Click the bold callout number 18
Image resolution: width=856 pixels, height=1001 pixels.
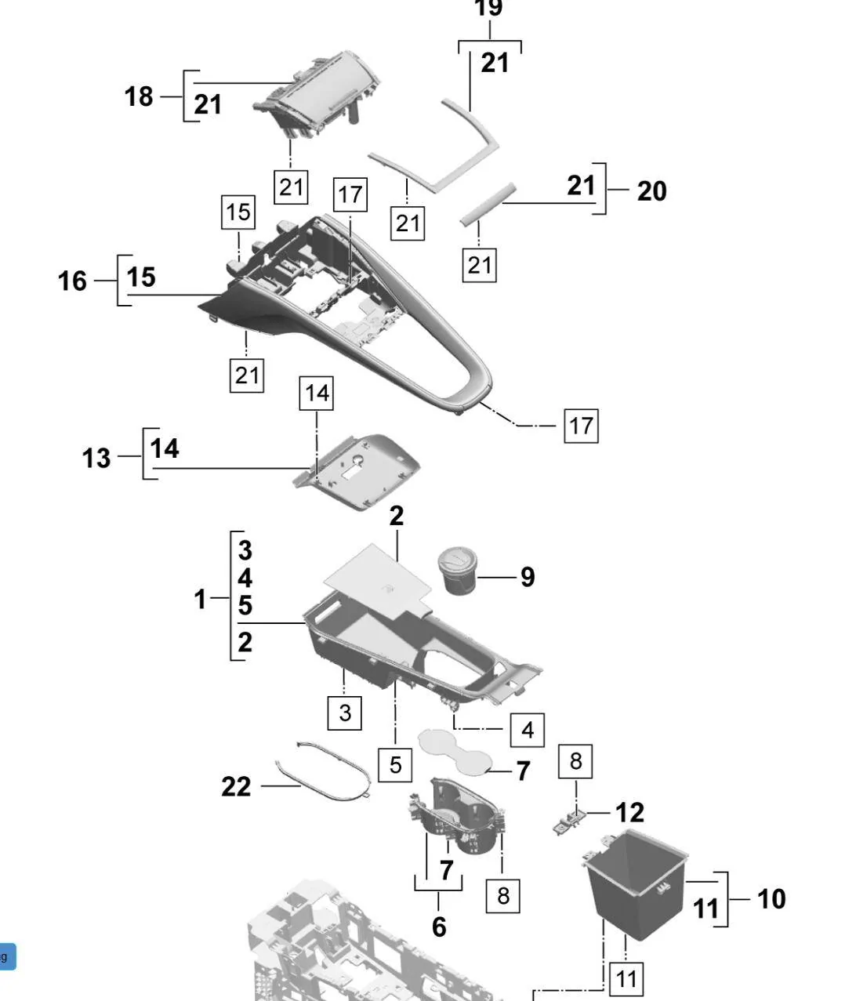click(x=139, y=96)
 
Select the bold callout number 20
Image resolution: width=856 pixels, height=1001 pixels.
click(x=651, y=190)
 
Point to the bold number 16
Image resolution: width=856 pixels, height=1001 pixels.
click(x=72, y=280)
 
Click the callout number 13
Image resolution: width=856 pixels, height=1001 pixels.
click(x=96, y=458)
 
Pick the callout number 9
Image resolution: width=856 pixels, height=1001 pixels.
click(x=528, y=577)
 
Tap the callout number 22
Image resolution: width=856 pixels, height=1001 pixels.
click(x=236, y=786)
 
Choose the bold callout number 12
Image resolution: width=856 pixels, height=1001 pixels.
click(x=629, y=813)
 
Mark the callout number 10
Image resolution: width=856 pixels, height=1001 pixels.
click(x=771, y=898)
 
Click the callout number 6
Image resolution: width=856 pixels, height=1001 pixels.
click(x=439, y=927)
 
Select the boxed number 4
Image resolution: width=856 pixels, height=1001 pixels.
click(x=528, y=730)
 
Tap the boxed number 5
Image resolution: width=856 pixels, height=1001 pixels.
click(x=395, y=764)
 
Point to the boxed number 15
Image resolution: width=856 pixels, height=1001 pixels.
click(x=238, y=212)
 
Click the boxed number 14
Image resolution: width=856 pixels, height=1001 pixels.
click(x=317, y=392)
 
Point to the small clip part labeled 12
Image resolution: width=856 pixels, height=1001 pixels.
click(x=571, y=821)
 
